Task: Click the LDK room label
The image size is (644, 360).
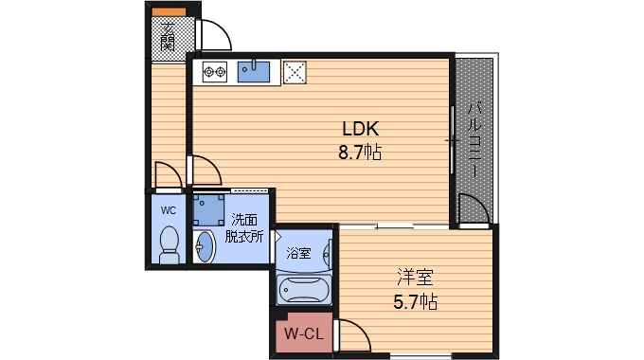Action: [x=360, y=129]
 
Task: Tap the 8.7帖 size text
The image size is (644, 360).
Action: [x=360, y=153]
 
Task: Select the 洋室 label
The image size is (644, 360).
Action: [x=415, y=278]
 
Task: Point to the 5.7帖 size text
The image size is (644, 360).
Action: [x=415, y=302]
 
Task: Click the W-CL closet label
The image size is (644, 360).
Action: [x=304, y=333]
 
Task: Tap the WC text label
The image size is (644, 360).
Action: [x=169, y=211]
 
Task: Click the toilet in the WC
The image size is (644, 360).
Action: [x=169, y=245]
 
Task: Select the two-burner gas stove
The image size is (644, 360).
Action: [x=215, y=72]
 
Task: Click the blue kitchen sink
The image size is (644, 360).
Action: [x=254, y=72]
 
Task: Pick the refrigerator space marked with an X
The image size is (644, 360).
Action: [x=295, y=72]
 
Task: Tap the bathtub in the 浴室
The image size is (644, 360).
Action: [x=304, y=290]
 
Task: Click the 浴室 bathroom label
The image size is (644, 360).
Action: [x=298, y=253]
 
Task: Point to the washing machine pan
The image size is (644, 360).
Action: [x=208, y=210]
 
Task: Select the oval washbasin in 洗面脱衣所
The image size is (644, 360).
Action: [x=205, y=246]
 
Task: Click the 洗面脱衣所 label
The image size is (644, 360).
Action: [x=244, y=228]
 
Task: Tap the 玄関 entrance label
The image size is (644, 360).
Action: [x=168, y=37]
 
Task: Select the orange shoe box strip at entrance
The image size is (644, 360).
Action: [x=169, y=12]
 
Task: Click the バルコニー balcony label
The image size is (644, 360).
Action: [x=474, y=140]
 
